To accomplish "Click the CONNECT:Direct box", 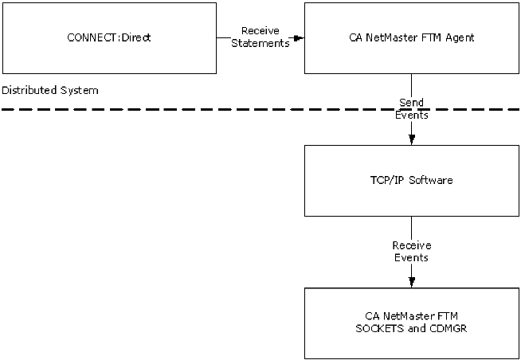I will (109, 37).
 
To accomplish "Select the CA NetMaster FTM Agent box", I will (411, 37).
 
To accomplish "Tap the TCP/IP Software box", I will (411, 180).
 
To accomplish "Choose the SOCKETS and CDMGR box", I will (411, 323).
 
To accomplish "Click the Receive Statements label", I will (260, 37).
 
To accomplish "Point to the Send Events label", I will (411, 108).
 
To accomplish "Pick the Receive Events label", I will (411, 252).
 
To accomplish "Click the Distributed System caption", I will (50, 90).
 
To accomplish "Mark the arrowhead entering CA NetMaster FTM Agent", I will (299, 37).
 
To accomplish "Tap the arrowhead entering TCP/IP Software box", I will (411, 139).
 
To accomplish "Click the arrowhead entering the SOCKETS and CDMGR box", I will (411, 282).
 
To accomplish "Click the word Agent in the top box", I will (460, 37).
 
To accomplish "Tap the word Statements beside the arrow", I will (260, 44).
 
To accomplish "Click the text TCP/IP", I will (388, 180).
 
